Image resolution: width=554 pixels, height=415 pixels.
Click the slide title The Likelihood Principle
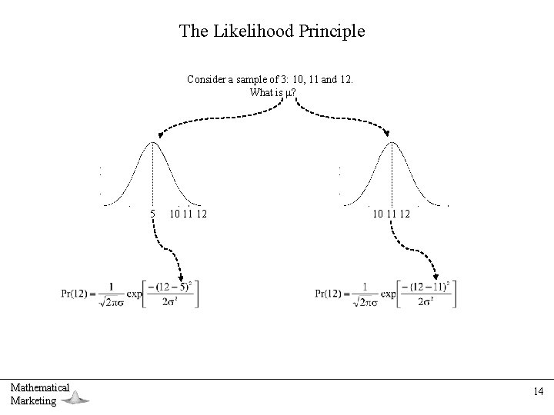coord(272,32)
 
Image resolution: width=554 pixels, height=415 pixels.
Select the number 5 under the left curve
coord(152,213)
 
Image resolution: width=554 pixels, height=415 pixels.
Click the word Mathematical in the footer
coord(40,387)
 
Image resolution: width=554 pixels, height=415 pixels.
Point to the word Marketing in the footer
coord(33,400)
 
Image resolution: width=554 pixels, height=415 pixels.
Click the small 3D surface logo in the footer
coord(75,397)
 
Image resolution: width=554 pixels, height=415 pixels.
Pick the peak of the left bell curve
coord(153,144)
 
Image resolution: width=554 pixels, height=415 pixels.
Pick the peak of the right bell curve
coord(392,144)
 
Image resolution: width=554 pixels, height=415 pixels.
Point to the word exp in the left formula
coord(132,294)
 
